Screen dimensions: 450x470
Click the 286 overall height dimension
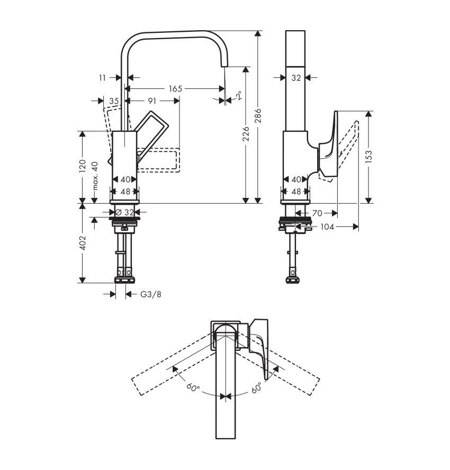tap(258, 116)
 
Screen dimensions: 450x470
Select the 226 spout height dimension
tap(246, 134)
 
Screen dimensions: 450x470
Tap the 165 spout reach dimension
tap(175, 89)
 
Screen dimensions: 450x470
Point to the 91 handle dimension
tap(152, 101)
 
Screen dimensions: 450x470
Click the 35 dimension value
tap(114, 101)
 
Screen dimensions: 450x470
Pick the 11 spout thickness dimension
tap(103, 78)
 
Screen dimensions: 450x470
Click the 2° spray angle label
tap(239, 95)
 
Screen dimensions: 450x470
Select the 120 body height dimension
tap(83, 166)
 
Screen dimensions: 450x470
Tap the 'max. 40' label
tap(95, 176)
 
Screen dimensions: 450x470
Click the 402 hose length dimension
tap(83, 243)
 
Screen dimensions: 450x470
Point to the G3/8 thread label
tap(151, 294)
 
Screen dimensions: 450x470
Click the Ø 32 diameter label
tap(125, 213)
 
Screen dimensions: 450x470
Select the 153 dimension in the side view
tap(369, 157)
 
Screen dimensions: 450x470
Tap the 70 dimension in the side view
tap(317, 213)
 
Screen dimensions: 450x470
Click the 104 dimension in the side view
tap(327, 227)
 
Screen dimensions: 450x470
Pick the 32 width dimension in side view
tap(296, 78)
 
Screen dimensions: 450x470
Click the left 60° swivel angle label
tap(193, 387)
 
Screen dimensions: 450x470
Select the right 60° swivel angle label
tap(257, 387)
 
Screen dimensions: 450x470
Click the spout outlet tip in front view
tap(224, 66)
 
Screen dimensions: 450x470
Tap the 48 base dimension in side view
tap(296, 192)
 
